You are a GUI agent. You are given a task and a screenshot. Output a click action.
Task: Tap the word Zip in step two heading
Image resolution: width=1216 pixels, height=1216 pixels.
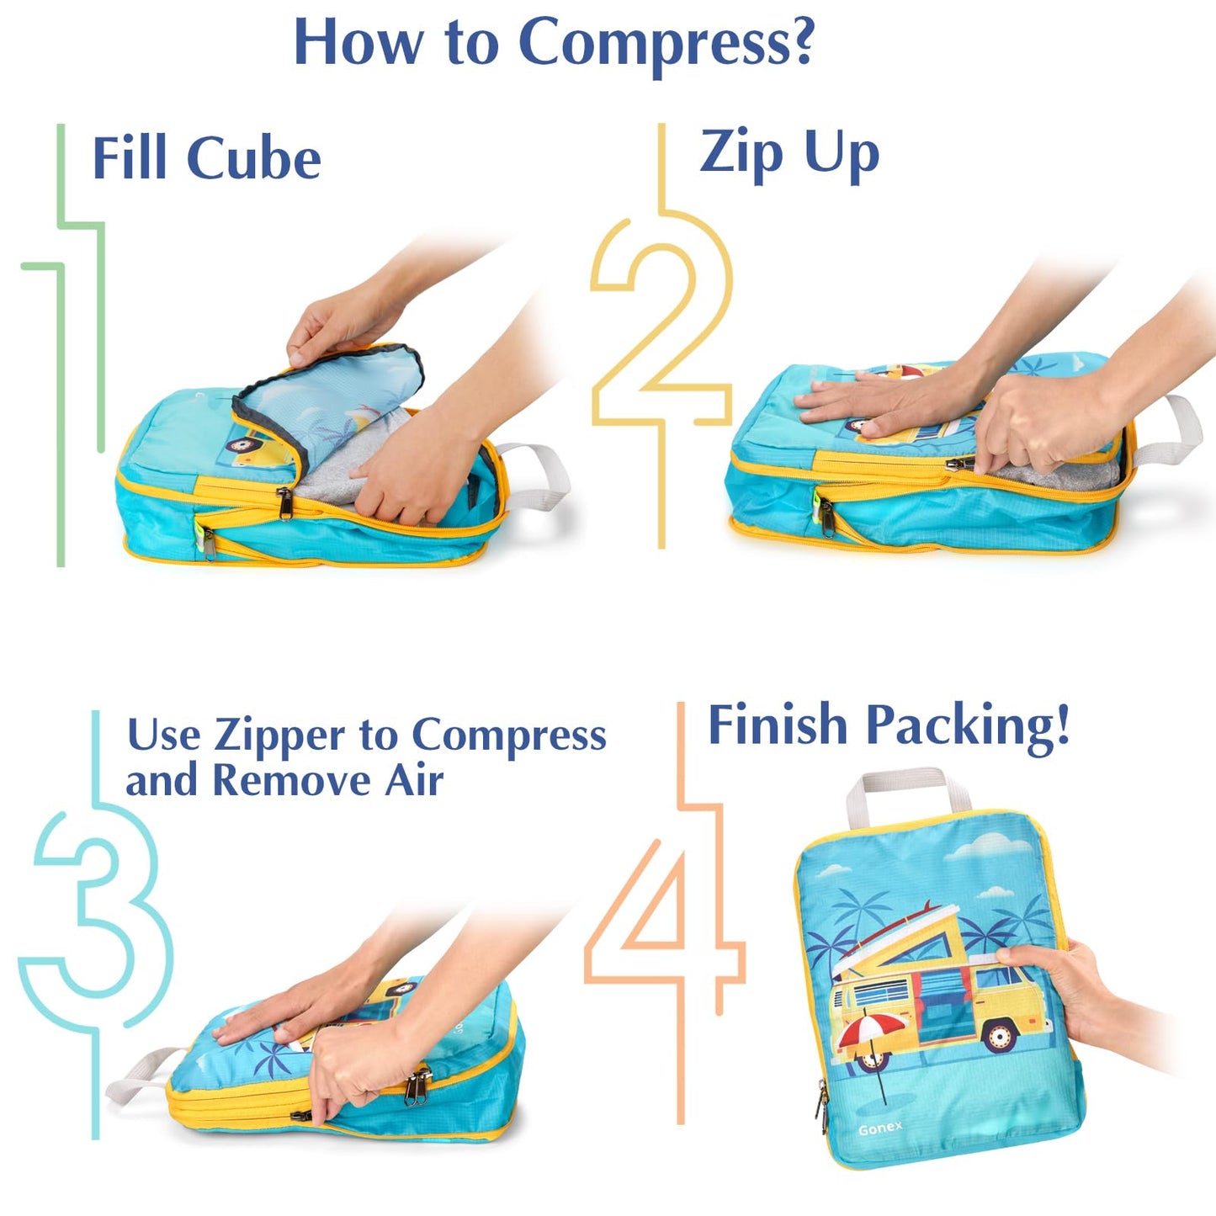[741, 153]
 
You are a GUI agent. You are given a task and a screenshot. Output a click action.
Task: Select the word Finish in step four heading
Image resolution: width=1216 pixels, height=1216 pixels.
[778, 725]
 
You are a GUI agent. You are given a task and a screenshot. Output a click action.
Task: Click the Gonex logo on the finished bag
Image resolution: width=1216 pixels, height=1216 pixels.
[880, 1128]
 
